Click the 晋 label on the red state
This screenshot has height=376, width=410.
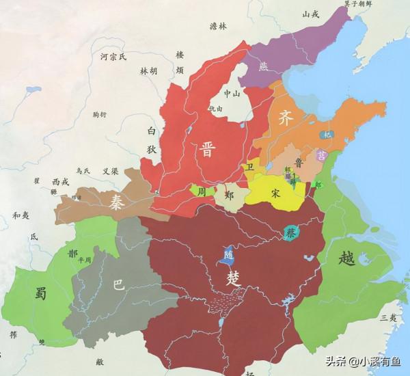(x=204, y=150)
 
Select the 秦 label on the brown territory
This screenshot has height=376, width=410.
(x=114, y=200)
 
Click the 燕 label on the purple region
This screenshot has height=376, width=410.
(x=264, y=67)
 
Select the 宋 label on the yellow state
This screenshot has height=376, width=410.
(x=275, y=193)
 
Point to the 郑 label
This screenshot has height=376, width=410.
(x=230, y=196)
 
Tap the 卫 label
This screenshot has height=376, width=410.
(x=250, y=167)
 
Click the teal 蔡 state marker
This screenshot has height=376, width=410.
(x=291, y=232)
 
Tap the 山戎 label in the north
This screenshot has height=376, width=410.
(x=311, y=14)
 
